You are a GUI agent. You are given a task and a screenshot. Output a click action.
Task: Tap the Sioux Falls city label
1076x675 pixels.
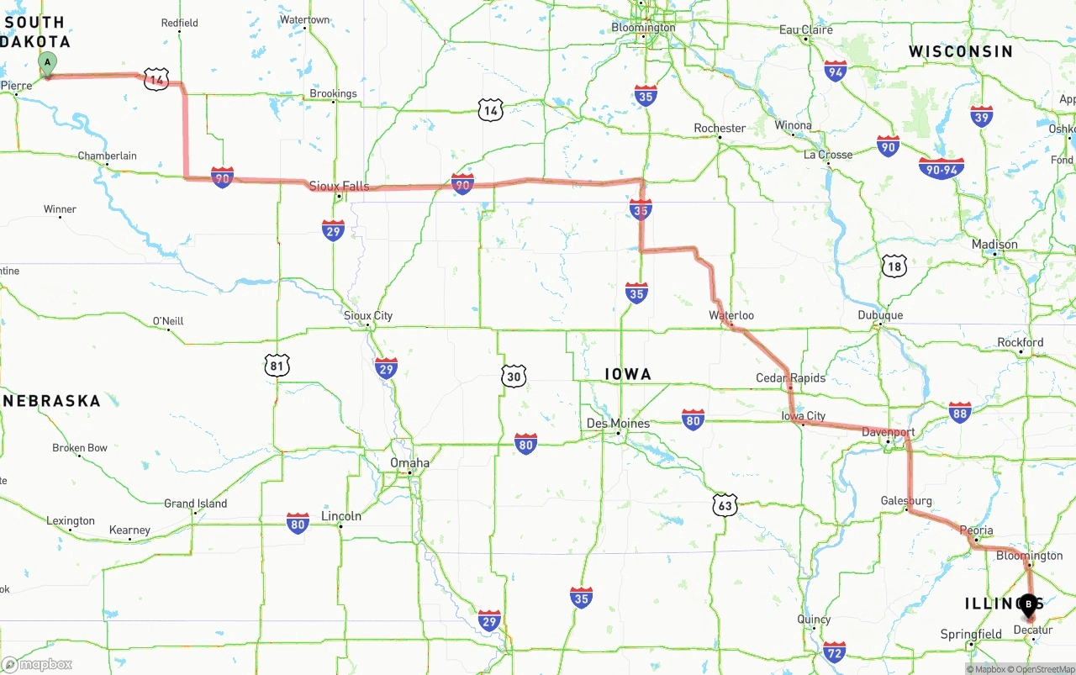coord(339,186)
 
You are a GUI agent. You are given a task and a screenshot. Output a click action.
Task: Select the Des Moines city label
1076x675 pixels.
coord(618,423)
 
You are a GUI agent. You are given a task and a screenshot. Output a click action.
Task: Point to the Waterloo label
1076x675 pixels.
coord(731,315)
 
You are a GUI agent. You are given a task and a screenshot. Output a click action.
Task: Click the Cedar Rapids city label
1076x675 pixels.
coord(790,377)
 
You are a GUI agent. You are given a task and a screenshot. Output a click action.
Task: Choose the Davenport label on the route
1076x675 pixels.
coord(888,432)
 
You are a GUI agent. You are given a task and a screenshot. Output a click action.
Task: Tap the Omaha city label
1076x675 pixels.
coord(409,463)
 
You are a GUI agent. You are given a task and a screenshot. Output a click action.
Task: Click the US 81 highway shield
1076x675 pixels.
coord(277,365)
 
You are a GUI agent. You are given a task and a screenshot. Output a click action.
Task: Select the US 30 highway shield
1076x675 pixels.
coord(514,376)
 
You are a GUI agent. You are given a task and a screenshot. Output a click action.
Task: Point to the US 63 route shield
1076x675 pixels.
coord(725,504)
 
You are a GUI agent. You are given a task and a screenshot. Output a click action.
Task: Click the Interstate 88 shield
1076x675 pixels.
coord(960,411)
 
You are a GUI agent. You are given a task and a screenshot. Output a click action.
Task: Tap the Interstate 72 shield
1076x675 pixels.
coord(834,651)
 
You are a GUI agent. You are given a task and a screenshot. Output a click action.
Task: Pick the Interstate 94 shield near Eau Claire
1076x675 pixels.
coord(835,71)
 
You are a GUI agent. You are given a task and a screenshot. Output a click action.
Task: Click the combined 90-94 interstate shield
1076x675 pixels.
coord(941,168)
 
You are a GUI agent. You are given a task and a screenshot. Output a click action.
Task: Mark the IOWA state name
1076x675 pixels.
coord(628,374)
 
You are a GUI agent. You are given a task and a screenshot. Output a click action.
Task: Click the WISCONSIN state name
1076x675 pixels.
coord(960,52)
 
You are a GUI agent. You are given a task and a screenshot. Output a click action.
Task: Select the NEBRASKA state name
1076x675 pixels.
coord(52,401)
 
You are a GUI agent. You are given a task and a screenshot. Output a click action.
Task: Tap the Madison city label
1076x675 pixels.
coord(994,245)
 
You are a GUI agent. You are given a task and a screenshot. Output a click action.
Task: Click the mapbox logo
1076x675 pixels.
coord(37,664)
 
